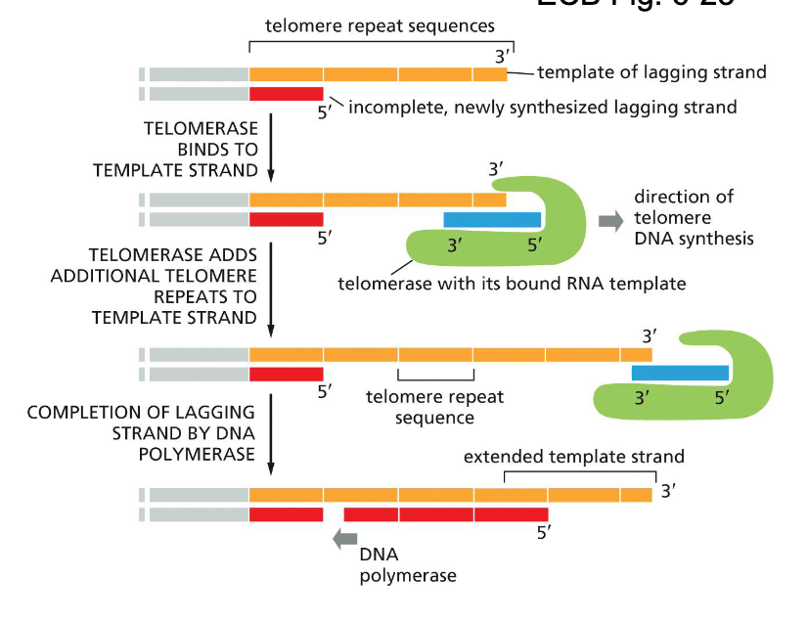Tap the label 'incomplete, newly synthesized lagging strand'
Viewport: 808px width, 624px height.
(542, 107)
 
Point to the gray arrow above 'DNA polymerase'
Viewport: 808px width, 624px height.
(344, 537)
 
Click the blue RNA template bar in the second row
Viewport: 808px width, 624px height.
(492, 219)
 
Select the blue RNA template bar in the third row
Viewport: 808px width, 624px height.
(680, 373)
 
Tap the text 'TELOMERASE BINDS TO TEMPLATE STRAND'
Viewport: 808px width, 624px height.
(176, 149)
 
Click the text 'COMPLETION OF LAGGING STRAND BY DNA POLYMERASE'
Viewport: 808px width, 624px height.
(142, 433)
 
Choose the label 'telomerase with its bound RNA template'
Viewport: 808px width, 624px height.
(512, 285)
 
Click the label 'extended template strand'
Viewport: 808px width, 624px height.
(573, 457)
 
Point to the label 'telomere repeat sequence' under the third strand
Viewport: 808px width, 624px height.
(434, 407)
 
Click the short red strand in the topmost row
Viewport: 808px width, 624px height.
(286, 94)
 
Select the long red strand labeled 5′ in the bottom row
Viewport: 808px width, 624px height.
(445, 513)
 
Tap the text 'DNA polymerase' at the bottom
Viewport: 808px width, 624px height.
(407, 565)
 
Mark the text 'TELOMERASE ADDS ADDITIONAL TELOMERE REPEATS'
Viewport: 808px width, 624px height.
(155, 285)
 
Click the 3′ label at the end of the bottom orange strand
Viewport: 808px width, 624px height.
(668, 491)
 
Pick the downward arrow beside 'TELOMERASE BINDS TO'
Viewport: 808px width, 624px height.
(270, 147)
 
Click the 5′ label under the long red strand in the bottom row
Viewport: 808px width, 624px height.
(543, 534)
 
